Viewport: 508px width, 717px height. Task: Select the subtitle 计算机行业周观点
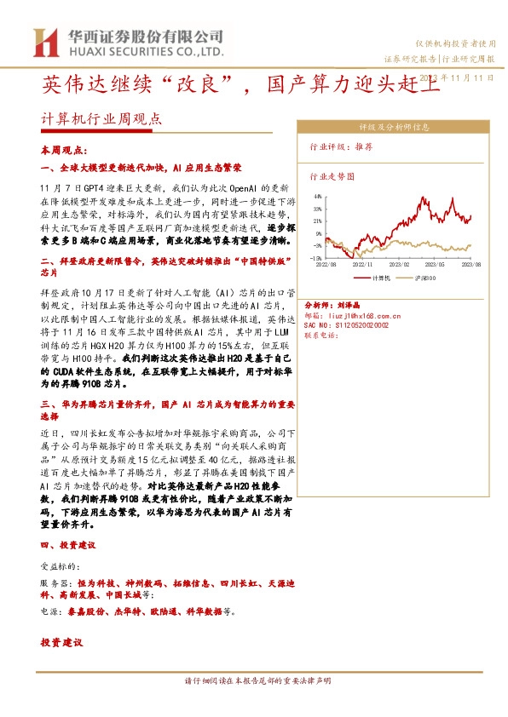[101, 120]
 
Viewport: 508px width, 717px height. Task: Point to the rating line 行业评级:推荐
[341, 146]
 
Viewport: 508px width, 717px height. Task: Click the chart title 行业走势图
[331, 176]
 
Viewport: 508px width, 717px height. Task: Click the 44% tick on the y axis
[316, 197]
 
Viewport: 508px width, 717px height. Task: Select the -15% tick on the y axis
[315, 257]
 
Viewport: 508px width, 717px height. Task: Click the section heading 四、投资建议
[68, 544]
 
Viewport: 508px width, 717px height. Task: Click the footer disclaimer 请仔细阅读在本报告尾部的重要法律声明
[257, 680]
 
